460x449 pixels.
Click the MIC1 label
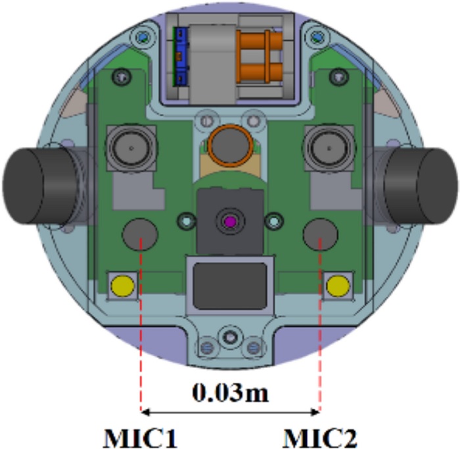point(141,438)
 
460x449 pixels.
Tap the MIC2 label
point(320,438)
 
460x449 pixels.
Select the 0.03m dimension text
point(230,392)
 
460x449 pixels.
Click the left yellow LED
point(123,286)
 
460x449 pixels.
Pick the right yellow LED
point(338,286)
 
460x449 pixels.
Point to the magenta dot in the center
point(230,222)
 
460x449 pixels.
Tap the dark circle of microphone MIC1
point(140,234)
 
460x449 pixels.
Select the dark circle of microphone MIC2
point(321,234)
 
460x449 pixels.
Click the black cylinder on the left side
point(38,186)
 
